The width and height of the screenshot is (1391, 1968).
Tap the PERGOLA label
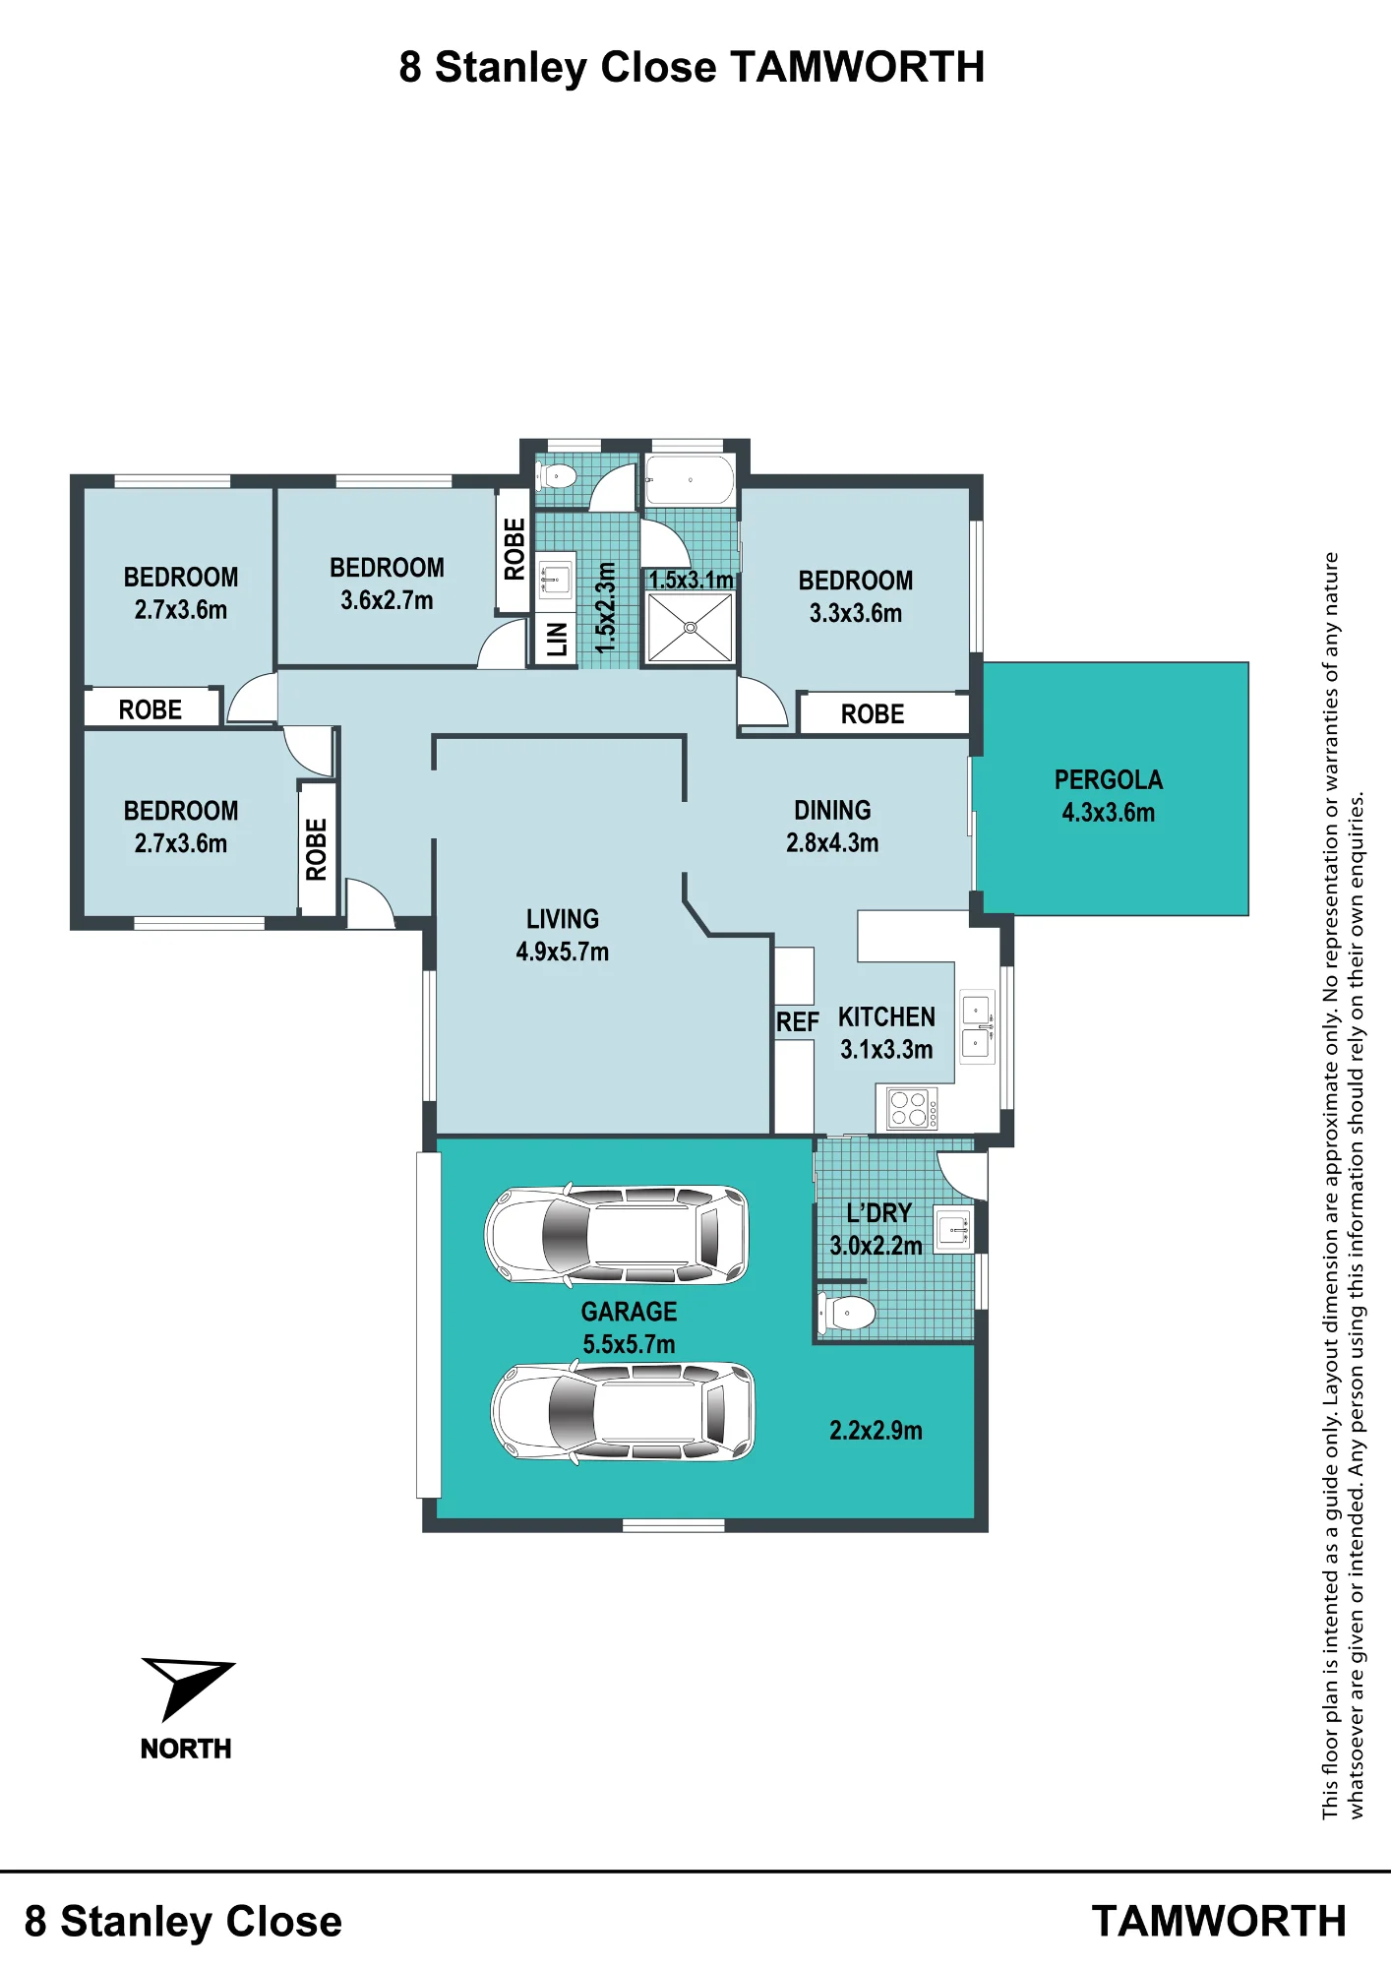1109,780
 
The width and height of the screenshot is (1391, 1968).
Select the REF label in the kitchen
797,1022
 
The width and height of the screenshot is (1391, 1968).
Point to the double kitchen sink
978,1027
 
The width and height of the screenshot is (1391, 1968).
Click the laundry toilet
847,1313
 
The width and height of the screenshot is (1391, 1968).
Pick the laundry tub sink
952,1229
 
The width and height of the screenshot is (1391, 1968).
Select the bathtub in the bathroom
690,480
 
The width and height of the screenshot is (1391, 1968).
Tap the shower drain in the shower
691,627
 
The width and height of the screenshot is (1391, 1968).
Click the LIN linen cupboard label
557,640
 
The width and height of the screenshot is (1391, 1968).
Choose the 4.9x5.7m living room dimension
563,952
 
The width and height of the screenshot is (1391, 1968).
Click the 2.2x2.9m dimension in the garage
876,1431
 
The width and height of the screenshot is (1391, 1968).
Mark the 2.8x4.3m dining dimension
832,842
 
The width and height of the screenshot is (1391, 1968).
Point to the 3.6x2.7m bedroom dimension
387,600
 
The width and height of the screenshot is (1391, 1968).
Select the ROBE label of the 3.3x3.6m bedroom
873,714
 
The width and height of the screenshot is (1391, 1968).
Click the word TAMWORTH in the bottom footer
1219,1922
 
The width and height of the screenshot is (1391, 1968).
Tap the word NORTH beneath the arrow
186,1749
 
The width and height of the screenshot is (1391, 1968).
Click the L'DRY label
879,1213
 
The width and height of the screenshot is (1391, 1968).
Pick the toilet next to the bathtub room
557,476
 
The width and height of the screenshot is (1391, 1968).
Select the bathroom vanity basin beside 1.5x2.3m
555,580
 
